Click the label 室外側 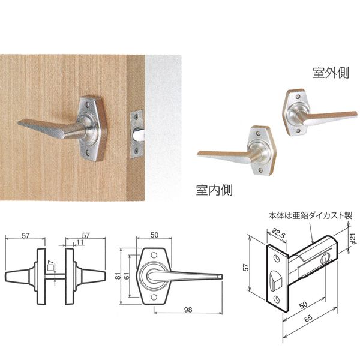tap(331, 73)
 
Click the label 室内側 tap(214, 190)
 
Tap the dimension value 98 tap(188, 310)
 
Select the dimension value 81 tap(118, 277)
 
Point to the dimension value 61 tap(127, 275)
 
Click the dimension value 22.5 tap(278, 234)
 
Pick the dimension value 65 tap(308, 317)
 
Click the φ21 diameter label tap(353, 238)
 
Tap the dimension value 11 tap(80, 242)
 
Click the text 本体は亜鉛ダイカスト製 tap(310, 216)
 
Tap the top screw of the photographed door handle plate tap(88, 104)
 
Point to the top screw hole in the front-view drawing tap(154, 255)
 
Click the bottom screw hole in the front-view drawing tap(154, 298)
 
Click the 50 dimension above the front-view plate tap(155, 235)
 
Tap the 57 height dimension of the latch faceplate tap(246, 267)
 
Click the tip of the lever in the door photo tap(19, 123)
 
